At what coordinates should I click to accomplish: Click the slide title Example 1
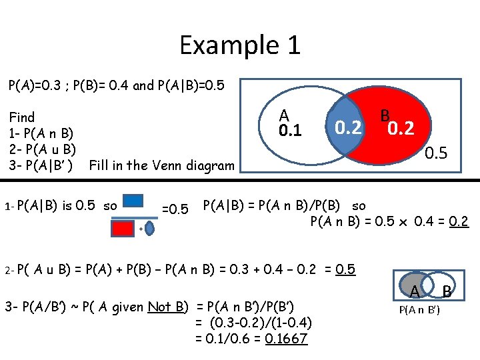coord(240,45)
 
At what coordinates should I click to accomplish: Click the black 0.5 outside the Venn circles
coord(437,153)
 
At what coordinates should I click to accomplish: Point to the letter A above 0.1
coord(284,115)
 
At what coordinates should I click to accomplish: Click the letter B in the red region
coord(385,115)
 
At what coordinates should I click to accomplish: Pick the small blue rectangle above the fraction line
coord(133,201)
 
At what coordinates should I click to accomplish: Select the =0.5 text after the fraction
coord(175,209)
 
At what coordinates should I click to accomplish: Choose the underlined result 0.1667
coord(286,339)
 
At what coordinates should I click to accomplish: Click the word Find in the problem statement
coord(22,117)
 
